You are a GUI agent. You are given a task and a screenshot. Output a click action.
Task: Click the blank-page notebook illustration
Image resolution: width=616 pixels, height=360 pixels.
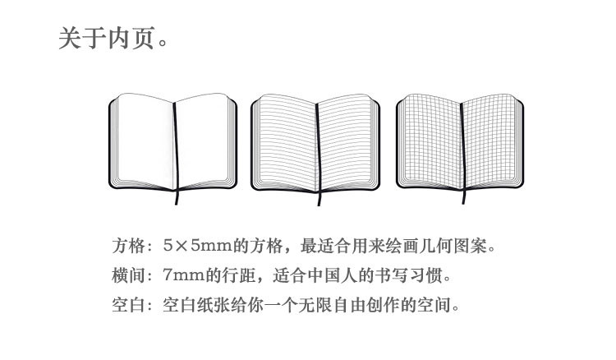click(x=174, y=144)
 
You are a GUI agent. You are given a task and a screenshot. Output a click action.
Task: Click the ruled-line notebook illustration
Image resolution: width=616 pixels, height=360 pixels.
click(x=316, y=144)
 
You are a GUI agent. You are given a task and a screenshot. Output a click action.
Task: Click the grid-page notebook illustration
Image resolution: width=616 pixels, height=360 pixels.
click(x=459, y=144)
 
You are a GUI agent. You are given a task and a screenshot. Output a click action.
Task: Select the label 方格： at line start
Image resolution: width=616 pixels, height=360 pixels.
click(x=131, y=246)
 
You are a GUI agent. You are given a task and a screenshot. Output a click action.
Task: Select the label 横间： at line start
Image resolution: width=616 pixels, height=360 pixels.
click(x=131, y=275)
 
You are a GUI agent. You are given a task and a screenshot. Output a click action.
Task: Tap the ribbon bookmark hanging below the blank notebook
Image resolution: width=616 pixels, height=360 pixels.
click(x=175, y=198)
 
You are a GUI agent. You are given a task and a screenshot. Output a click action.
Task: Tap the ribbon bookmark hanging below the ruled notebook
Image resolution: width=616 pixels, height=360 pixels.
click(x=317, y=198)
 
